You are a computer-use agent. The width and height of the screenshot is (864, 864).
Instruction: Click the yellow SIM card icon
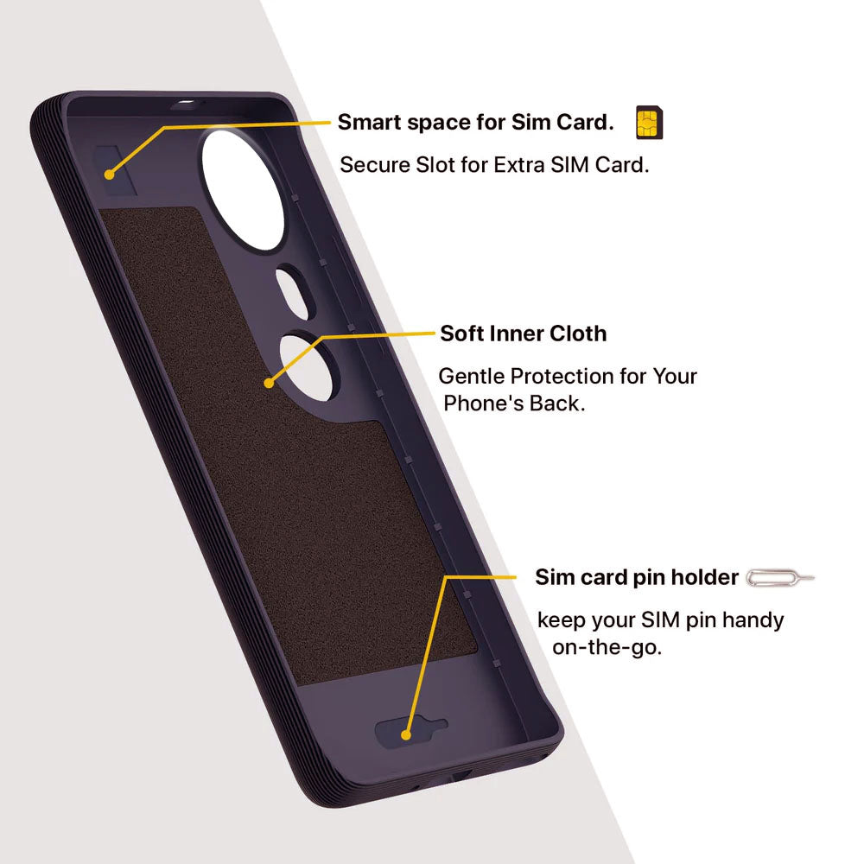coord(649,122)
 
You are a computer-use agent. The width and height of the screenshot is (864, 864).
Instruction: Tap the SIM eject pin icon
coord(780,577)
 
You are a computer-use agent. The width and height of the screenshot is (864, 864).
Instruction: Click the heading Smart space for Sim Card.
coord(475,123)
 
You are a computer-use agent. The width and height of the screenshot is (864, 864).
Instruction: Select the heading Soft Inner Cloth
coord(524,334)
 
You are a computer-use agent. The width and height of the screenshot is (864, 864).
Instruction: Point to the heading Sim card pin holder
coord(637,577)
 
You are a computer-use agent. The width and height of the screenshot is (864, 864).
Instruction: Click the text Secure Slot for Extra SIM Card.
coord(494,165)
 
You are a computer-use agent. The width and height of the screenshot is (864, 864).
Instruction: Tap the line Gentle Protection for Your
coord(568,377)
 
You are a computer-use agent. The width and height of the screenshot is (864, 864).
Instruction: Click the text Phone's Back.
coord(514,403)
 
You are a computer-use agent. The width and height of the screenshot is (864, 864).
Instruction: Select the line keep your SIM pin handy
coord(660,620)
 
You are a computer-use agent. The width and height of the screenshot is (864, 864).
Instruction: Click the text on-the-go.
coord(607,647)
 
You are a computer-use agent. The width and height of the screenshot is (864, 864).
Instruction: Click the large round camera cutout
coord(243,190)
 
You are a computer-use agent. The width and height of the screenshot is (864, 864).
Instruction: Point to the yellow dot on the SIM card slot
coord(109,175)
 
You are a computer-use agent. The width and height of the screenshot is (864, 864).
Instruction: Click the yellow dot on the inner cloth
coord(269,383)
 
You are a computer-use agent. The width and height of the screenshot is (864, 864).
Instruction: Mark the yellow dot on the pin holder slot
coord(406,734)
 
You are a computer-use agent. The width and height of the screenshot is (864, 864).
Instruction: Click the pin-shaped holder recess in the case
coord(411,732)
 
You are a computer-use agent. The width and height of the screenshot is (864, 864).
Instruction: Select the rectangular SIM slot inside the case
coord(116,170)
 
